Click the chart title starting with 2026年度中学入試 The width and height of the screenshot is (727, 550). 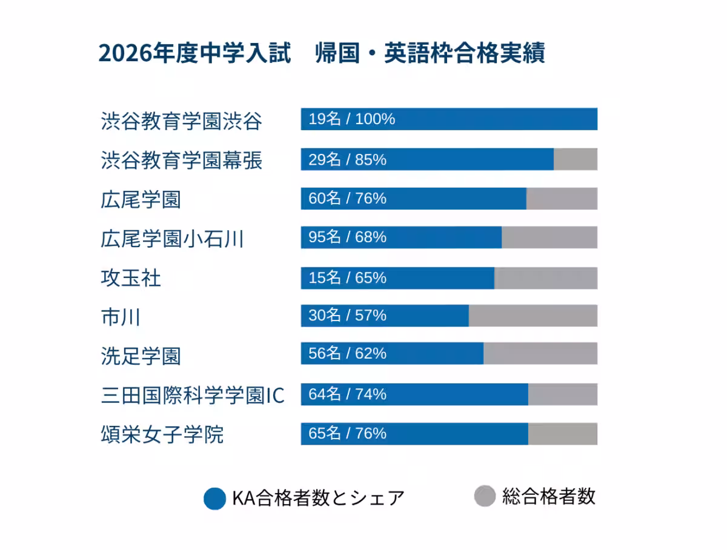(321, 53)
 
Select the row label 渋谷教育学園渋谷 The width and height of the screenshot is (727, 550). (181, 121)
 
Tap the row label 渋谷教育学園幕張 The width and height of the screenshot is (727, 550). (181, 161)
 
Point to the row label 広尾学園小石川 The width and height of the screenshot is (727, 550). (172, 239)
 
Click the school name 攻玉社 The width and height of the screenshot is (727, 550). (131, 279)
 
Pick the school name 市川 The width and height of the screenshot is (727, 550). (121, 317)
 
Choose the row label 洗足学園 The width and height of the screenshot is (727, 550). (141, 356)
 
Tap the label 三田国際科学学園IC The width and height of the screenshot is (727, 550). (192, 396)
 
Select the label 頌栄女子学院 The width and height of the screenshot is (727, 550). (162, 434)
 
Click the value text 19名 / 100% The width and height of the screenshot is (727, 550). (351, 119)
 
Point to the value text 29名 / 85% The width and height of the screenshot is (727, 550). (347, 160)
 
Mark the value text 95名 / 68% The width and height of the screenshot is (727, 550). (347, 237)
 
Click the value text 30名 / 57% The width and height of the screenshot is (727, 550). (347, 316)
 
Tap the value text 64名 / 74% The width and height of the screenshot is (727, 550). (347, 394)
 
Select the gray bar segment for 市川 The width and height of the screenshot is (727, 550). (533, 316)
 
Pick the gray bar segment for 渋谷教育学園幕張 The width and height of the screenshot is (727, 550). (576, 159)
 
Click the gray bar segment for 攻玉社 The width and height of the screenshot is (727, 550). (546, 278)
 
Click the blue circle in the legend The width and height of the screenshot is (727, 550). (215, 499)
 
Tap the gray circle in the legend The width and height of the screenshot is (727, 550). (485, 496)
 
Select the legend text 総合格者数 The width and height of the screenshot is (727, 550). (549, 496)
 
